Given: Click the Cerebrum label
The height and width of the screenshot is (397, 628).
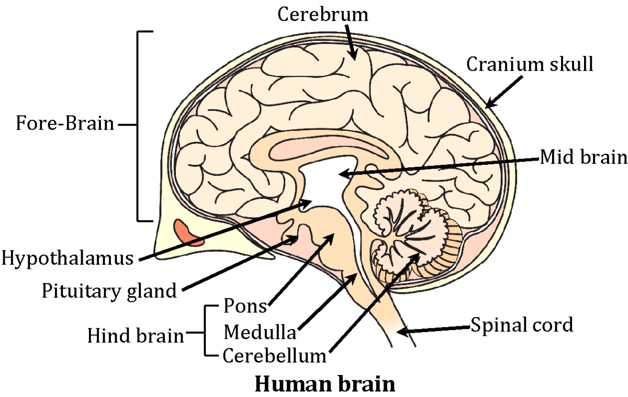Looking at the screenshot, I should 323,15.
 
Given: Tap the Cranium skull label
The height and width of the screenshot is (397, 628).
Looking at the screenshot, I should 530,64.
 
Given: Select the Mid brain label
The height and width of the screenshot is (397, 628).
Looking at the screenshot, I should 583,156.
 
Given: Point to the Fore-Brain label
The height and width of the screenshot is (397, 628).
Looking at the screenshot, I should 65,124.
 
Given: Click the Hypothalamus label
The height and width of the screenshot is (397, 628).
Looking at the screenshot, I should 66,258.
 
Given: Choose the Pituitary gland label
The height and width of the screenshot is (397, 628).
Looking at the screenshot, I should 109,290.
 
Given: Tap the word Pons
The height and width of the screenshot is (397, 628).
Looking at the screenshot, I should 245,305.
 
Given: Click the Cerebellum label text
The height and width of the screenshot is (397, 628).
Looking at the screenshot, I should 275,356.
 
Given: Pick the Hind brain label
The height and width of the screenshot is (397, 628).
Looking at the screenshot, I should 136,335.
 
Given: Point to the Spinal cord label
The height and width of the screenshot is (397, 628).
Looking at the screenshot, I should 522,325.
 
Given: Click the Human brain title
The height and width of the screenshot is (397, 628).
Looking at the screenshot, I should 324,384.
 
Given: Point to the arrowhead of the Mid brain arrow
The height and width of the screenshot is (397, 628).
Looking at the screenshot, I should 342,174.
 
